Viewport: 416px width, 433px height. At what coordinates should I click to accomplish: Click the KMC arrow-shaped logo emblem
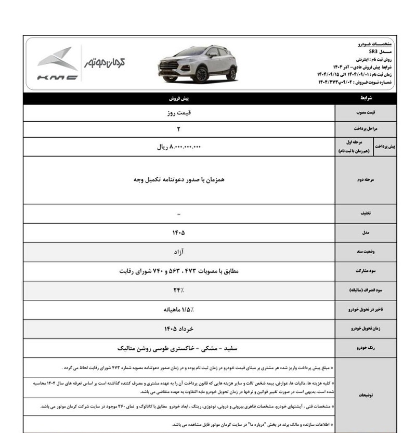(x=58, y=58)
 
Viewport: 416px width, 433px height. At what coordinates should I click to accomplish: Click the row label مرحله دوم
(x=367, y=179)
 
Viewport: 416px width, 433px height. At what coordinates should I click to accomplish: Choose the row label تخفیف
(x=367, y=214)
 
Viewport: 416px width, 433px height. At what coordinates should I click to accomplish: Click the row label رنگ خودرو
(x=367, y=348)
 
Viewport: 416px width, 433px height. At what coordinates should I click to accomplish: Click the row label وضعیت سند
(x=367, y=252)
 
